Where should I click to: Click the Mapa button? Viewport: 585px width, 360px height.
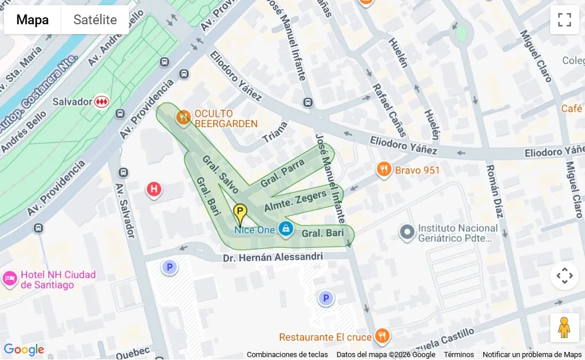tap(32, 20)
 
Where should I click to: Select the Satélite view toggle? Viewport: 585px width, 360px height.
tap(95, 20)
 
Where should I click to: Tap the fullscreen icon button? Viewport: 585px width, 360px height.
tap(564, 20)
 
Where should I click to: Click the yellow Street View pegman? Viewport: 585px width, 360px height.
tap(564, 328)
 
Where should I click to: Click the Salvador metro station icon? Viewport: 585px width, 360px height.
tap(102, 101)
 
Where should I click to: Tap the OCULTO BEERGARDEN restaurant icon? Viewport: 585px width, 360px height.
tap(184, 118)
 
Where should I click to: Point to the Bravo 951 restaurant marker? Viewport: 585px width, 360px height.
tap(384, 170)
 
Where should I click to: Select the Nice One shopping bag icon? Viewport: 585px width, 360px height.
tap(286, 229)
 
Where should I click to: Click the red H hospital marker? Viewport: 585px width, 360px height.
tap(153, 188)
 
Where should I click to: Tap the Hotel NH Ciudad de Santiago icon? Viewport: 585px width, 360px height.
tap(10, 279)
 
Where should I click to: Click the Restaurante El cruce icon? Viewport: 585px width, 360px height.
tap(382, 336)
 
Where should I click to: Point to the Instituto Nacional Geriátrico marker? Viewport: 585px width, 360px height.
tap(408, 232)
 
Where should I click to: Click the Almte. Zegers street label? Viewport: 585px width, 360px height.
tap(295, 201)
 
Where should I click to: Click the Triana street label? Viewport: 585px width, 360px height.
tap(275, 132)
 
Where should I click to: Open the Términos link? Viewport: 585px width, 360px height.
tap(458, 354)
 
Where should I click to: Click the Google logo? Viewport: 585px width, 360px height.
tap(24, 350)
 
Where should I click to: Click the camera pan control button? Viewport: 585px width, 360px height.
tap(564, 276)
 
